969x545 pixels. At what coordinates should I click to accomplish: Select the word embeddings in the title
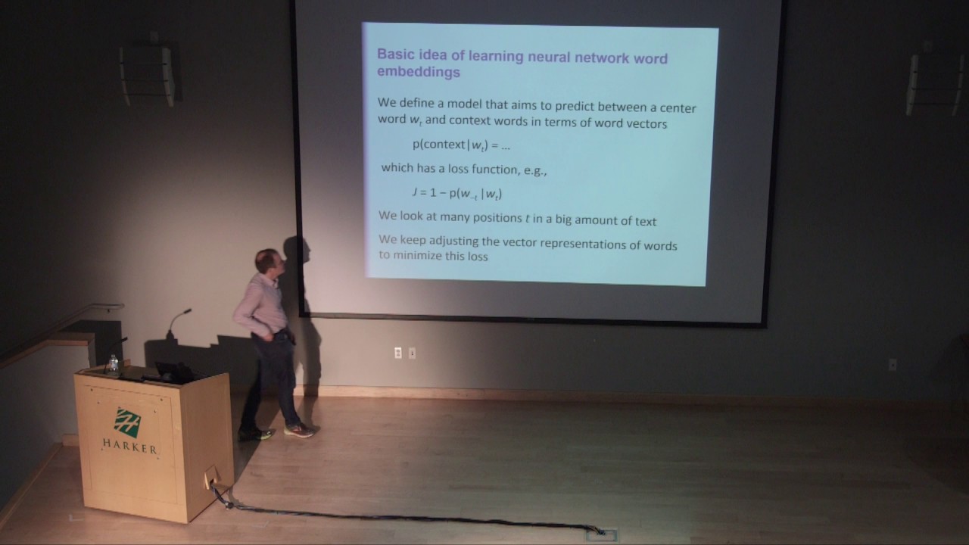click(x=419, y=73)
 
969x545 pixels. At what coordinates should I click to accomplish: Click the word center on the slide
click(x=675, y=108)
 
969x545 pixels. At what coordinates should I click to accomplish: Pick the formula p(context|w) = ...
click(x=461, y=145)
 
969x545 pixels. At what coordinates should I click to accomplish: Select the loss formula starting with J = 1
click(x=456, y=193)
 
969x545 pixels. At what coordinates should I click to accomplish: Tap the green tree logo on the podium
click(x=127, y=422)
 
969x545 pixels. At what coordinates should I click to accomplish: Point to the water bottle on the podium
click(x=113, y=365)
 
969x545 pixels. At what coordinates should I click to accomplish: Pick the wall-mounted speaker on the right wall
click(x=936, y=83)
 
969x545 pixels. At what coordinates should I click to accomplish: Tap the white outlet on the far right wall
click(x=893, y=364)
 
